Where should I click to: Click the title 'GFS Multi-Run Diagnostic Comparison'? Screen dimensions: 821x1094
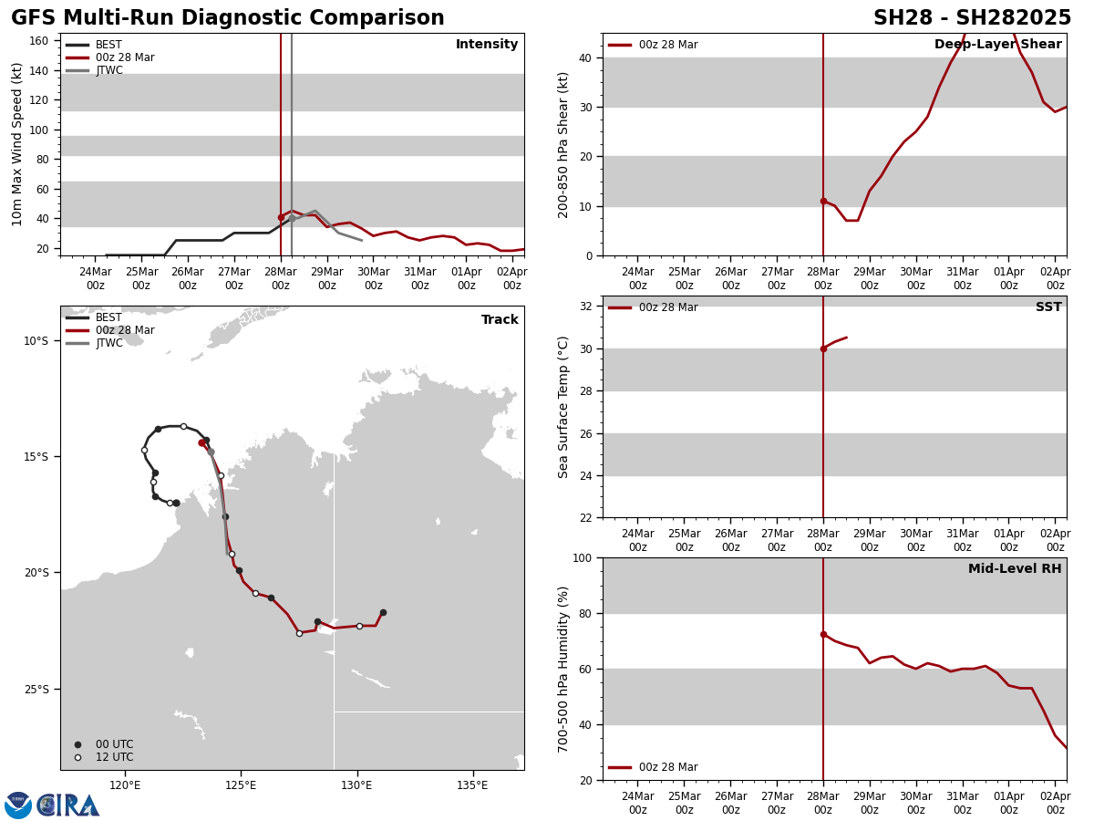click(228, 18)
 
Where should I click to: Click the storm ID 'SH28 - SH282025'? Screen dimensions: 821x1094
click(972, 18)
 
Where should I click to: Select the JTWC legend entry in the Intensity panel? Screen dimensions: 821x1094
click(108, 70)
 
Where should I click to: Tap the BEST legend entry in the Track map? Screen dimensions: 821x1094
click(108, 317)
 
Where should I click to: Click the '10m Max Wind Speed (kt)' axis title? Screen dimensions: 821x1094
click(17, 144)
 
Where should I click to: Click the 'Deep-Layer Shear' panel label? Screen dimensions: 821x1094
click(997, 45)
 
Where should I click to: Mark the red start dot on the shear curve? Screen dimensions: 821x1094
click(823, 201)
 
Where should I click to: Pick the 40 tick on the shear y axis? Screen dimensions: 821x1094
click(586, 57)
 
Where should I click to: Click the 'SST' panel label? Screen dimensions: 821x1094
click(1048, 307)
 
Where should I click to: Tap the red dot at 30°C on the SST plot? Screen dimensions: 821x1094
click(823, 348)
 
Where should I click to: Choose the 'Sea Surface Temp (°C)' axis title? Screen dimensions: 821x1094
click(563, 407)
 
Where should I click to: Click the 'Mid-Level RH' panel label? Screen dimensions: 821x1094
click(1015, 569)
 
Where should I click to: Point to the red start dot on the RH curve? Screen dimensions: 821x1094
click(823, 634)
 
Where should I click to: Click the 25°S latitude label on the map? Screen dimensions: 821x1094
click(36, 689)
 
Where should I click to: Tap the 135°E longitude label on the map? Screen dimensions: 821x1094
click(472, 785)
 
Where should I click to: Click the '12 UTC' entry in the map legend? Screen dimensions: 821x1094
click(114, 757)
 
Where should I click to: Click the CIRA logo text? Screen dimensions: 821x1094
click(69, 805)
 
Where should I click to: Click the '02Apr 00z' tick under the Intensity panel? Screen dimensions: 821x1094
click(511, 278)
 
